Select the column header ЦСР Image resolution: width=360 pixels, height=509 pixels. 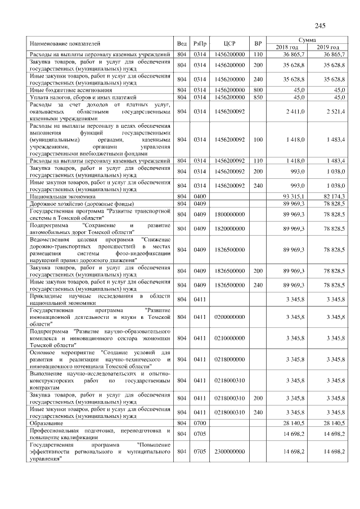(229, 43)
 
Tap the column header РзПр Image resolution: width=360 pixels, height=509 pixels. (199, 43)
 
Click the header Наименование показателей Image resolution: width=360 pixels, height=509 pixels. (65, 43)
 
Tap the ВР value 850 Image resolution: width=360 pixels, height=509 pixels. (258, 97)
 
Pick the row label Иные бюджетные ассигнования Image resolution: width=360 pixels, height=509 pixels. (71, 89)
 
